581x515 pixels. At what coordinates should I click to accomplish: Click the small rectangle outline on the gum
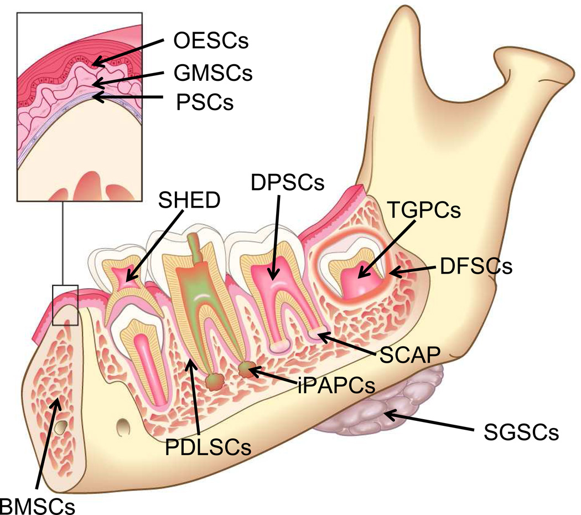[x=65, y=305]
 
